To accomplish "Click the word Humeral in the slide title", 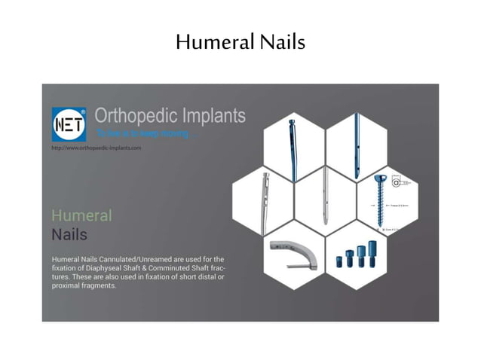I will (x=214, y=42).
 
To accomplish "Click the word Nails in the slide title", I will (x=281, y=42).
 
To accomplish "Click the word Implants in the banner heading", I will (x=213, y=116).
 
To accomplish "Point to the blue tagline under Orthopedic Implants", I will (x=149, y=134).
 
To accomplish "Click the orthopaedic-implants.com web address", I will (x=96, y=148).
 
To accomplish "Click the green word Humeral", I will (x=81, y=215).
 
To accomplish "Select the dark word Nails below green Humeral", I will (x=69, y=234).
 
